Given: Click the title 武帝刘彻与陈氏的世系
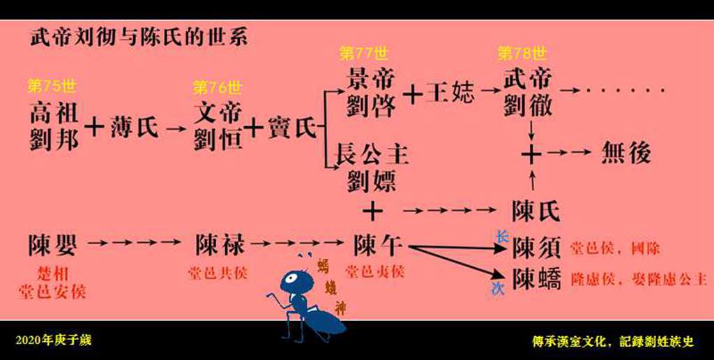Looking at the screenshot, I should [x=138, y=36].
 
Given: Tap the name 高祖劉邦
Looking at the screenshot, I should [x=54, y=126].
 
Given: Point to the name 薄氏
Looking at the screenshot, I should [x=135, y=127].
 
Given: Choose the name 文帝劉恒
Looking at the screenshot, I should [x=219, y=126].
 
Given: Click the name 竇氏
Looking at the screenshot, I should [x=288, y=127].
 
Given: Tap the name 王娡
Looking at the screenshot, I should [x=450, y=93].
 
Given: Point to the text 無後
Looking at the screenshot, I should [x=626, y=153].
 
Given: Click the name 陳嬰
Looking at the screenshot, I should [x=52, y=245].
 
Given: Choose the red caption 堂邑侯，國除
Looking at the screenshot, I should [x=615, y=248].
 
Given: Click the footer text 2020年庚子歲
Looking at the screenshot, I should [x=54, y=340].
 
